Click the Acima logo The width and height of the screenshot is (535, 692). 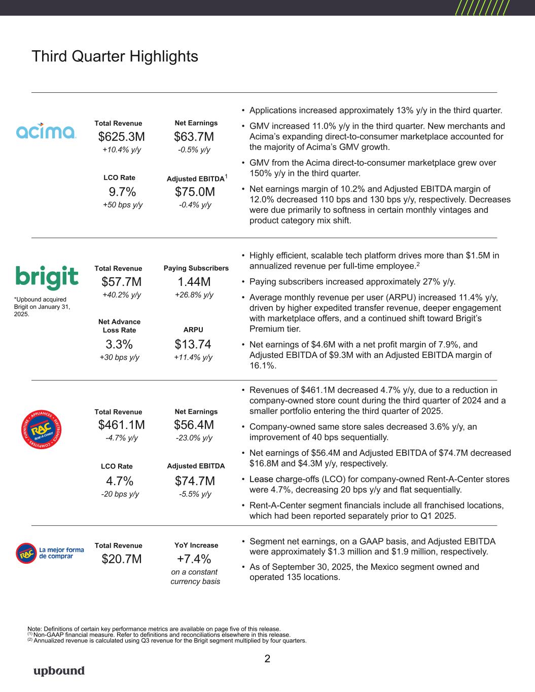pos(47,131)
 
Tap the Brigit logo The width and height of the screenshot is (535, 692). pos(47,277)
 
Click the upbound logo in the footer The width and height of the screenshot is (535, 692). pos(59,671)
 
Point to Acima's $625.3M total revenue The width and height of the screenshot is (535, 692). pos(121,137)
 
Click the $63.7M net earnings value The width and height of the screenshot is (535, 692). pos(194,137)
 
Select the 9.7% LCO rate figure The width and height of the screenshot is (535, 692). pos(122,192)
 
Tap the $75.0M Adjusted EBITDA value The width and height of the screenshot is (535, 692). pos(195,192)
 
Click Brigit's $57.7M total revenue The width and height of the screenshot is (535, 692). pos(121,282)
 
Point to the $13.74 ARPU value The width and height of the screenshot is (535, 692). pos(193,345)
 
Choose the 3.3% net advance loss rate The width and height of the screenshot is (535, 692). pos(119,345)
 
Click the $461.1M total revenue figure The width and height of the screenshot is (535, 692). pos(121,424)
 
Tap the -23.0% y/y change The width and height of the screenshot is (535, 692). pos(194,438)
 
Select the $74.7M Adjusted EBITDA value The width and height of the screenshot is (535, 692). pos(195,480)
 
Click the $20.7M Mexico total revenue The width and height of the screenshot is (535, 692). pos(121,559)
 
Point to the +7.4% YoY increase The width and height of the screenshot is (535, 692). pos(194,559)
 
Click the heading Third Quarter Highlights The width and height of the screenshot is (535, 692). pos(115,56)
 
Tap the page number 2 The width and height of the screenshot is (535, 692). pos(267,659)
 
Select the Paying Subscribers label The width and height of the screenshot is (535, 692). pos(196,268)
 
